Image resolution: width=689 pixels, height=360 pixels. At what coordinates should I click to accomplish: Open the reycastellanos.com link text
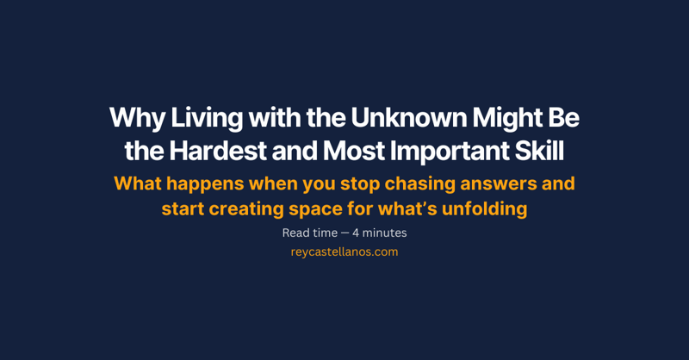click(x=344, y=252)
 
